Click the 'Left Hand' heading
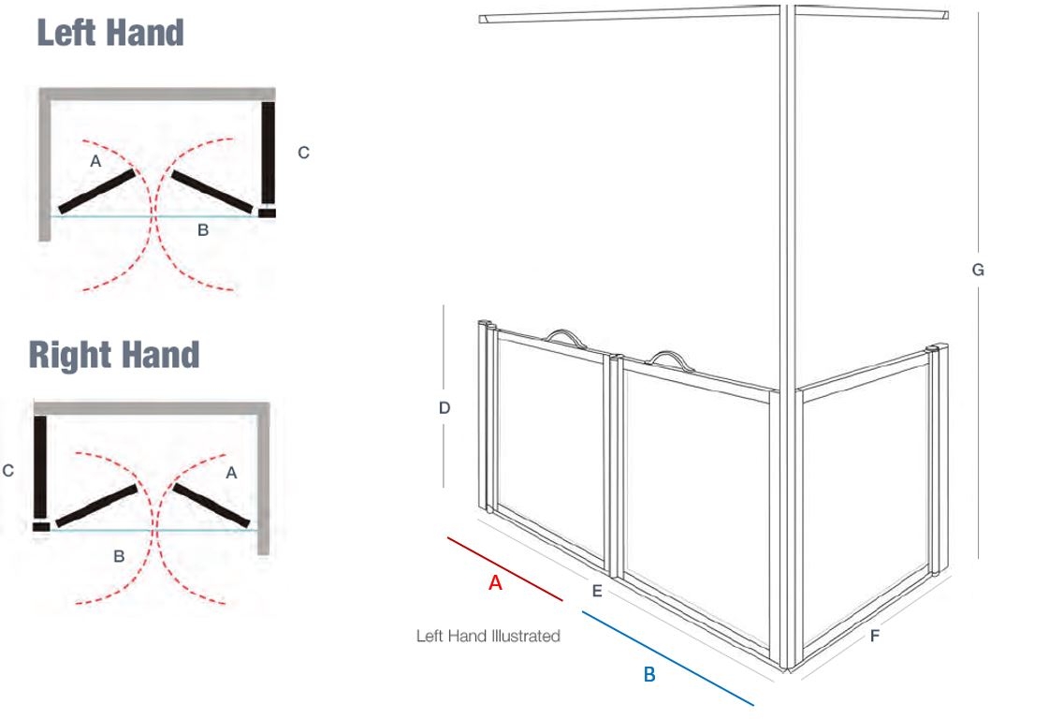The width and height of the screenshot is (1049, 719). pos(110,33)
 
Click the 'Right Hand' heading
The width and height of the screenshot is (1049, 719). pos(114,355)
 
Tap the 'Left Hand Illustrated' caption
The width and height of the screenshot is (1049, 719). pos(488,636)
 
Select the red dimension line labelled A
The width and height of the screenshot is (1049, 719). pos(504,568)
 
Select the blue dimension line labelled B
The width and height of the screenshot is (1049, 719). pos(667,657)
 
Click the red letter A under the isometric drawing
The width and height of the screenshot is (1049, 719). pos(496,582)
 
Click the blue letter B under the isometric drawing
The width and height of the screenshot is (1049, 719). pos(649,674)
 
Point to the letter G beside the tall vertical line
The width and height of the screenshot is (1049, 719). pos(978,270)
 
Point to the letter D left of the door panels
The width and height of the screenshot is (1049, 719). pos(444,407)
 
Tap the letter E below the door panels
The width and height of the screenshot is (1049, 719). pos(597,592)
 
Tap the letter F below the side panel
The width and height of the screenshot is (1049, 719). pos(875,636)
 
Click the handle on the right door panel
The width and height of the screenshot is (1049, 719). pos(668,359)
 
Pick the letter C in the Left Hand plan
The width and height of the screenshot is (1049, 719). pos(303,153)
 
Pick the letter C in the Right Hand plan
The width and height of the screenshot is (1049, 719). pos(8,471)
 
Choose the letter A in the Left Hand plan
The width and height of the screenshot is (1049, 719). pos(95,161)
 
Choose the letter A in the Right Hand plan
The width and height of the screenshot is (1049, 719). pos(231,474)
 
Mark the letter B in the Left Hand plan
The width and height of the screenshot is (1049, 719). pos(202,230)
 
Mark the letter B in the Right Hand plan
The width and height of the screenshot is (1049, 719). pos(119,555)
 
